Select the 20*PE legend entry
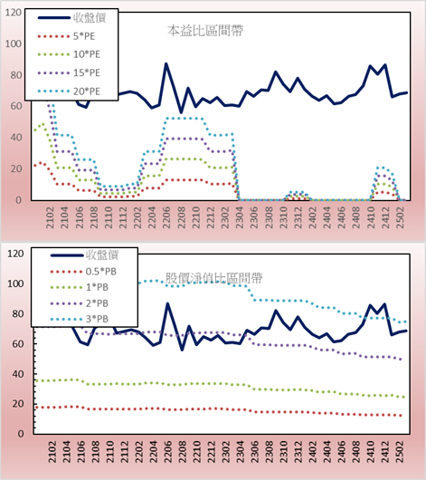pyautogui.click(x=69, y=91)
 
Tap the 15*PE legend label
pyautogui.click(x=87, y=72)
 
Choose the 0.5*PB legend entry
pyautogui.click(x=83, y=272)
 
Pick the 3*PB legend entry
pyautogui.click(x=80, y=319)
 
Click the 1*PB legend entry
pyautogui.click(x=80, y=287)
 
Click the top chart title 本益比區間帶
pyautogui.click(x=205, y=31)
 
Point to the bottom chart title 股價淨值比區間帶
pyautogui.click(x=213, y=278)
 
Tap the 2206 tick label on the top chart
pyautogui.click(x=166, y=217)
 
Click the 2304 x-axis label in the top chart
pyautogui.click(x=239, y=217)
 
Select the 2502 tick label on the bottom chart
pyautogui.click(x=400, y=452)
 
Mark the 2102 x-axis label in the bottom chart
pyautogui.click(x=52, y=452)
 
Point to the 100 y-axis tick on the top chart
pyautogui.click(x=14, y=43)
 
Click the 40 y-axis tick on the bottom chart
pyautogui.click(x=18, y=374)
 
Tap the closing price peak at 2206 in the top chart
pyautogui.click(x=166, y=64)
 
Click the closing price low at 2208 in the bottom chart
pyautogui.click(x=182, y=350)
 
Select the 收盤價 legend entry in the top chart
pyautogui.click(x=71, y=18)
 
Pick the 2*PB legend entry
pyautogui.click(x=80, y=303)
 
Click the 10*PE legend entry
pyautogui.click(x=69, y=54)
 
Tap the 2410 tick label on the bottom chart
pyautogui.click(x=371, y=452)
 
